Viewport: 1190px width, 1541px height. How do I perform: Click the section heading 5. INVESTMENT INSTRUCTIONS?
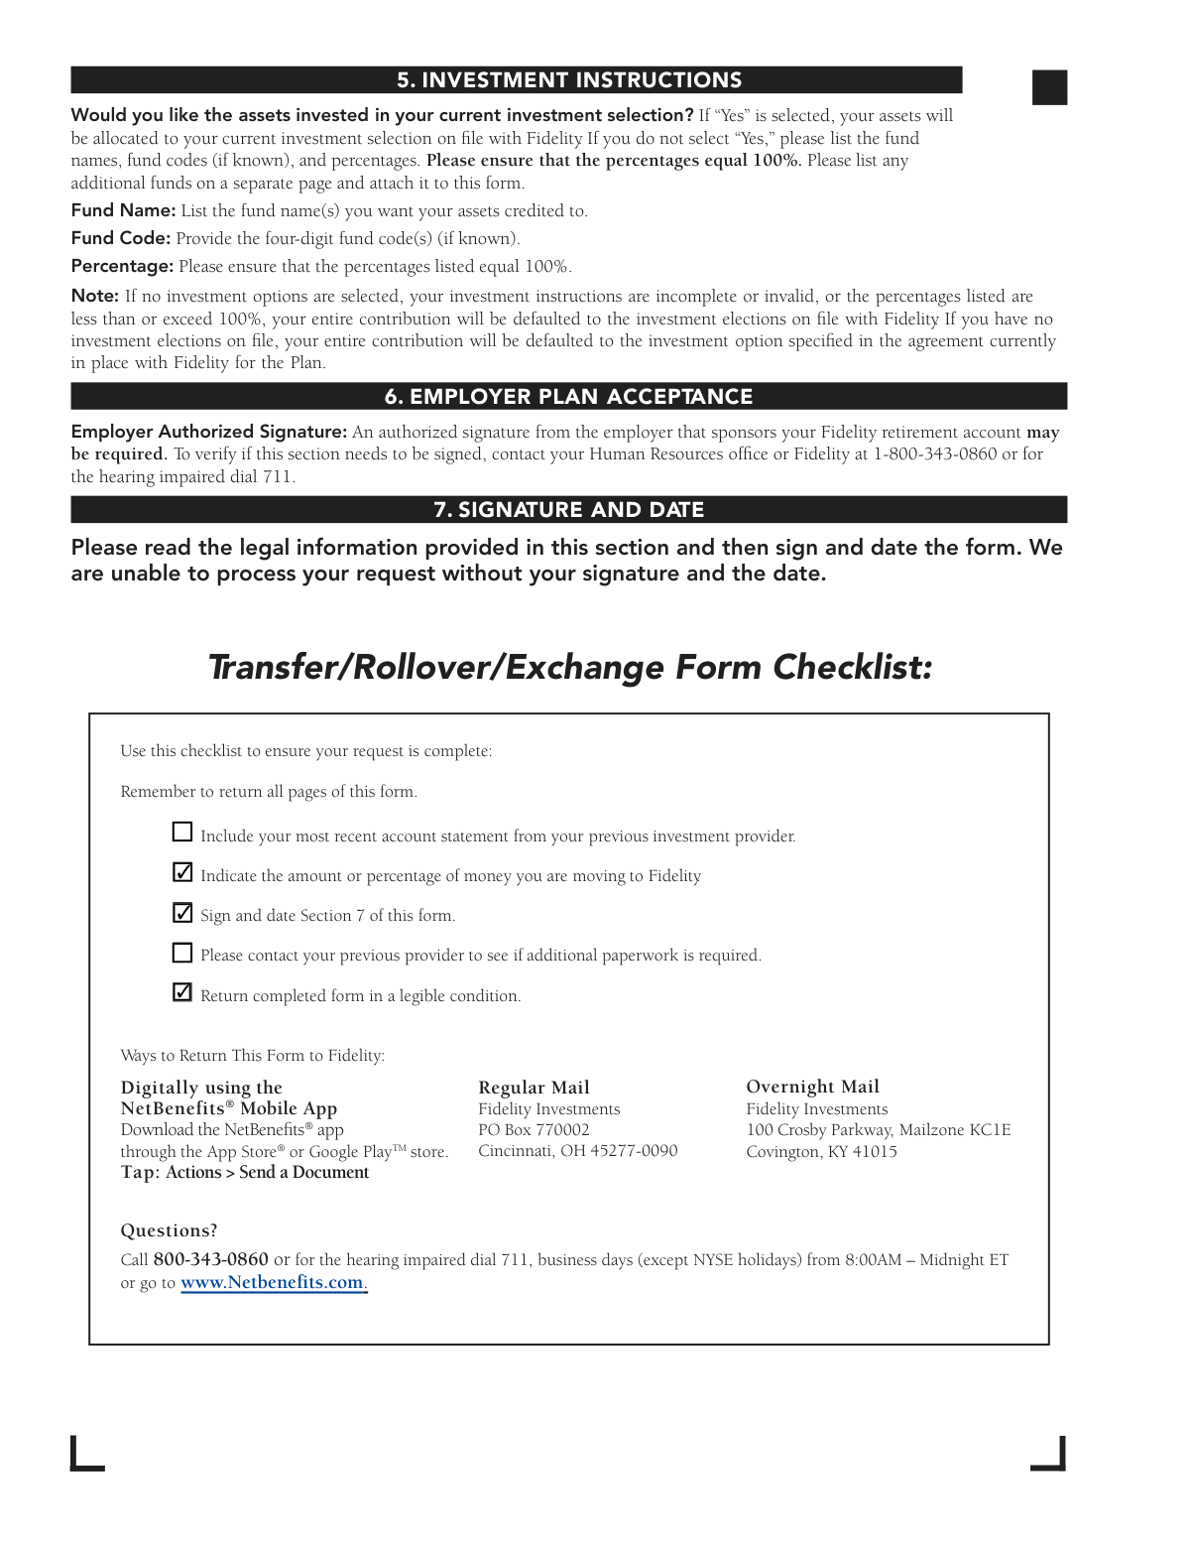569,80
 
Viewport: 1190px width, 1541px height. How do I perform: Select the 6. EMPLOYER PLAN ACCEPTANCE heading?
569,397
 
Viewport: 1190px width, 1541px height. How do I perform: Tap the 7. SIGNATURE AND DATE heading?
569,510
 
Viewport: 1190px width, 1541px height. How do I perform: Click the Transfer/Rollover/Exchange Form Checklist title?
570,667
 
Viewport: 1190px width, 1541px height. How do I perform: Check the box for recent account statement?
182,833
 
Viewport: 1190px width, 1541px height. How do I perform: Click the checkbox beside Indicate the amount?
182,872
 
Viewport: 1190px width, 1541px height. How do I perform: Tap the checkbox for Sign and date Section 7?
182,912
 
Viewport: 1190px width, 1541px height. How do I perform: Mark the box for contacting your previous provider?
182,953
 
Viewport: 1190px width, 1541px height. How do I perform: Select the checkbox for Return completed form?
182,992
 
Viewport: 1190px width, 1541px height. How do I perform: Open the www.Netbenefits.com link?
272,1282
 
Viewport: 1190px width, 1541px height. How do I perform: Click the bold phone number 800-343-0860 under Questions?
210,1259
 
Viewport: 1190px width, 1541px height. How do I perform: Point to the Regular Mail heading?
534,1088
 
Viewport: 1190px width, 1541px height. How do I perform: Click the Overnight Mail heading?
812,1087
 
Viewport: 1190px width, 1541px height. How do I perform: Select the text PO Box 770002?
534,1129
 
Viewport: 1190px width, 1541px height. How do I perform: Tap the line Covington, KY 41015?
821,1151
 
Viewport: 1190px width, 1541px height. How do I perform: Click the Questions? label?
169,1230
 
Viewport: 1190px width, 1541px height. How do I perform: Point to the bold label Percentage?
122,266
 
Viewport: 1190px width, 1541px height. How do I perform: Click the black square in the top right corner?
1049,87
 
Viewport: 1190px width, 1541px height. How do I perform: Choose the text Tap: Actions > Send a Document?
244,1172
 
